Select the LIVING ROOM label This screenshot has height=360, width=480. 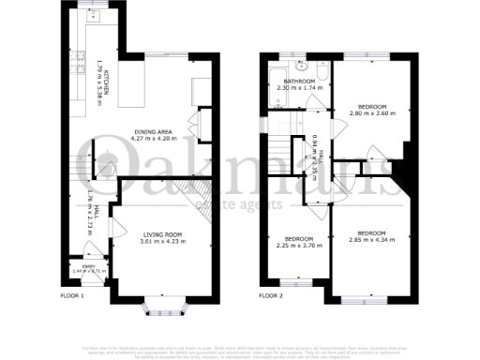coord(163,234)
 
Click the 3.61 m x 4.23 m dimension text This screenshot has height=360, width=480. coord(163,242)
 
